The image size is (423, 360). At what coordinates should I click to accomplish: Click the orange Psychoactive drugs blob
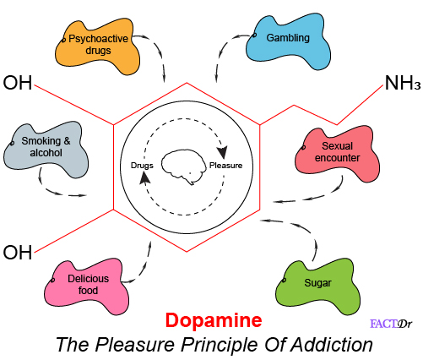[97, 46]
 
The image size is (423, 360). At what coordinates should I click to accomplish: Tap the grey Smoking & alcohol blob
[46, 150]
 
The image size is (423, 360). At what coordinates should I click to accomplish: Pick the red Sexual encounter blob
[337, 154]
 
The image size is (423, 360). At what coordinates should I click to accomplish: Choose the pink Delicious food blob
[87, 286]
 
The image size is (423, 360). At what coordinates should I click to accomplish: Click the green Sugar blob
[317, 286]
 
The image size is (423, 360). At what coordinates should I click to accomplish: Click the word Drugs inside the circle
[142, 166]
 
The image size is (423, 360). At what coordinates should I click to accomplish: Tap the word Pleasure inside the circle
[225, 166]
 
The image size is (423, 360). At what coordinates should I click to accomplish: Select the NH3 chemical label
[403, 83]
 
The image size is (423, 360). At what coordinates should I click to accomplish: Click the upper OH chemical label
[18, 83]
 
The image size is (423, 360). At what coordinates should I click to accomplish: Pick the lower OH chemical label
[18, 252]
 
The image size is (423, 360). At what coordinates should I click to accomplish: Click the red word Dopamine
[214, 320]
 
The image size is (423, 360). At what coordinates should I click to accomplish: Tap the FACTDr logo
[391, 324]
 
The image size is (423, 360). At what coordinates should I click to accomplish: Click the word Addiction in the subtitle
[332, 344]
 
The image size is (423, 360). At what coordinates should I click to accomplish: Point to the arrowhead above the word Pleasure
[223, 152]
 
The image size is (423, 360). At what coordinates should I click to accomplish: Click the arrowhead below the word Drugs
[144, 178]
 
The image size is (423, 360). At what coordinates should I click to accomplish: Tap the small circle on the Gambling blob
[254, 35]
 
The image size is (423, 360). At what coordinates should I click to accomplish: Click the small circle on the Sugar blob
[284, 280]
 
